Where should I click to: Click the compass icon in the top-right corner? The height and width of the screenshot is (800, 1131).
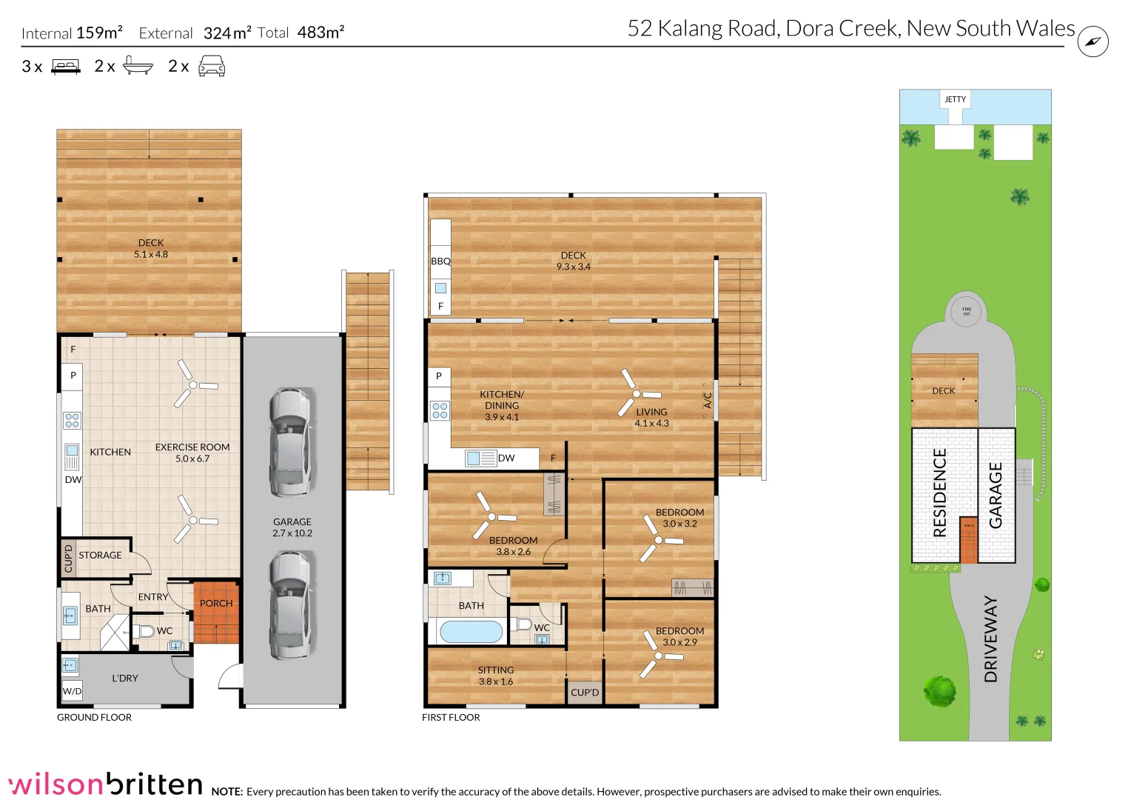[1093, 41]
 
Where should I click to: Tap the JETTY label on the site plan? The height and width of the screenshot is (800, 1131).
[955, 99]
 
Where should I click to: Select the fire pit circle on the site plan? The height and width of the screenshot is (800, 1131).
[966, 311]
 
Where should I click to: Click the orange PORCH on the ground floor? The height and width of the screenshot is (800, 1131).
[216, 612]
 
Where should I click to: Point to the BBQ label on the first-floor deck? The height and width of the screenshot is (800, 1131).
[440, 261]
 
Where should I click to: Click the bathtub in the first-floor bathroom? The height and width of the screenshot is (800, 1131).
[471, 632]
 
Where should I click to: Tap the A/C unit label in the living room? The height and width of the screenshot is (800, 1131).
[708, 401]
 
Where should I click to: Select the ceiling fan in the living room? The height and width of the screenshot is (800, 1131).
[636, 393]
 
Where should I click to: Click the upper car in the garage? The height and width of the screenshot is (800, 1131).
[291, 441]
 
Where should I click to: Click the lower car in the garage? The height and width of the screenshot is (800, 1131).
[291, 605]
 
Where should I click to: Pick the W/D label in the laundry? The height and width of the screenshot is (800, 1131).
[72, 692]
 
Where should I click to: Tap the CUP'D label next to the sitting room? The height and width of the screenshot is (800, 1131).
[585, 693]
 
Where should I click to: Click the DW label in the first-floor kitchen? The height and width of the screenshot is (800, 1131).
[506, 459]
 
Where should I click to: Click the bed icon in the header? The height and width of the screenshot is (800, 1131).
[66, 67]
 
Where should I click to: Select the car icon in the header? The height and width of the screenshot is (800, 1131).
[212, 67]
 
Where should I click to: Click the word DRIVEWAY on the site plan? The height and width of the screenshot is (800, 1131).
[990, 639]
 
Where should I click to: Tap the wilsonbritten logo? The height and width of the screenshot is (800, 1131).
[105, 784]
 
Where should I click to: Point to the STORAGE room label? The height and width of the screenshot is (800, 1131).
[100, 556]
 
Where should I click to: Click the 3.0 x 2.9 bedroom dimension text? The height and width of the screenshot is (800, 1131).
[679, 643]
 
